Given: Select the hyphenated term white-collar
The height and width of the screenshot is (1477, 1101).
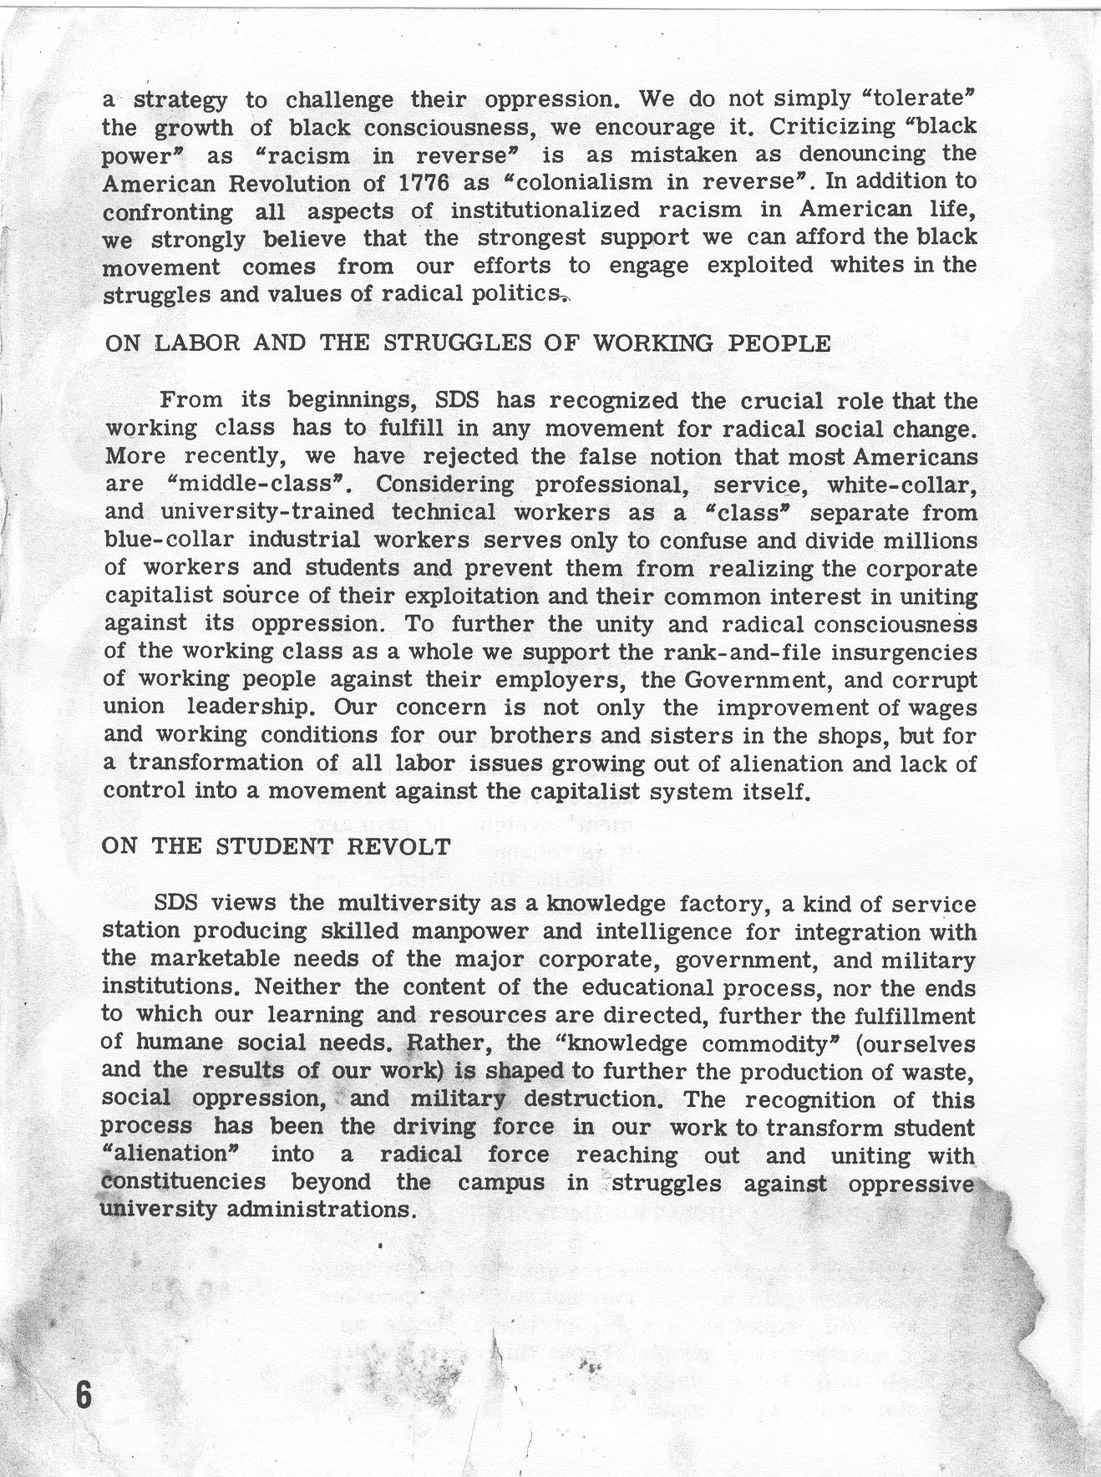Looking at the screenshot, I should [901, 485].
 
